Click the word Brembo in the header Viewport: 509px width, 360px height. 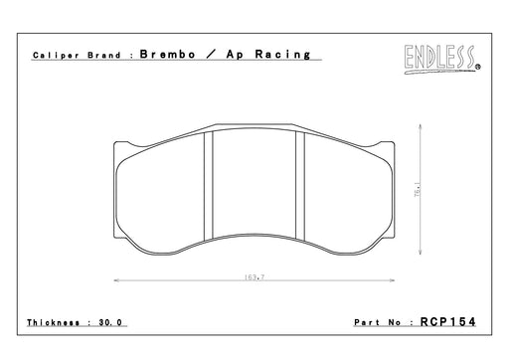pyautogui.click(x=168, y=54)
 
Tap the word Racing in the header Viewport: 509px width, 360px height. pyautogui.click(x=282, y=55)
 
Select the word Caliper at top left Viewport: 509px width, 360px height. pyautogui.click(x=56, y=56)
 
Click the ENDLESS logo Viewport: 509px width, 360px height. pyautogui.click(x=439, y=60)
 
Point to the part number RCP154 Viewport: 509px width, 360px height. pyautogui.click(x=448, y=321)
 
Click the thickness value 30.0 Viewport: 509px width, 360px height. pyautogui.click(x=110, y=322)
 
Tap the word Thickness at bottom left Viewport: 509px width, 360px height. pyautogui.click(x=53, y=322)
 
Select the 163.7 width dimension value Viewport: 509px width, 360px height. pyautogui.click(x=254, y=276)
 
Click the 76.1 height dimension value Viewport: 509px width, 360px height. pyautogui.click(x=418, y=189)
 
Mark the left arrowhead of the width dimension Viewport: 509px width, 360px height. pyautogui.click(x=116, y=280)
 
